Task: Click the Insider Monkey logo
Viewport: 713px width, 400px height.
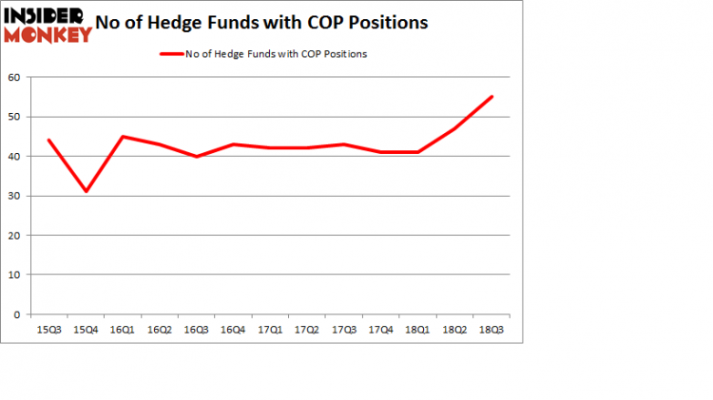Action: [48, 25]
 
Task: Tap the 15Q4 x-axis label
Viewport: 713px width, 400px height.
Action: [86, 329]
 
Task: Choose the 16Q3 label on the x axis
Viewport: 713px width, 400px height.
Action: [197, 329]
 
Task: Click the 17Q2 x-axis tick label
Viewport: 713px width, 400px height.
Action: [307, 329]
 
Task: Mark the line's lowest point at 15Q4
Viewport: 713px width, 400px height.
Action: [86, 191]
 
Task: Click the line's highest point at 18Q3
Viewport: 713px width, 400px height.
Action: [492, 97]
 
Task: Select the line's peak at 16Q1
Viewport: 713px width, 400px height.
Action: [123, 136]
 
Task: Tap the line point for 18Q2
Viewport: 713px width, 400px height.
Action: [455, 128]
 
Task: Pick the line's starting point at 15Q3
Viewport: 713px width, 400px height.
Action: [48, 141]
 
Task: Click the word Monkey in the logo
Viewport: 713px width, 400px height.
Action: [48, 35]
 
